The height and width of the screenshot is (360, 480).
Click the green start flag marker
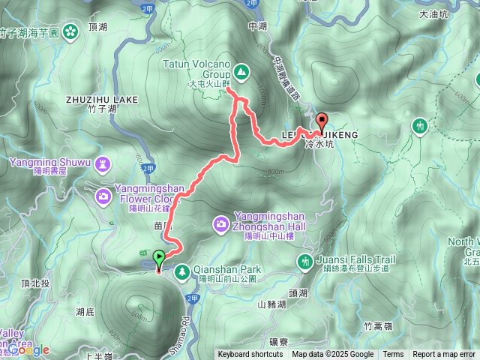160,259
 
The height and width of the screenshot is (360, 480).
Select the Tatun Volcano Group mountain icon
241,72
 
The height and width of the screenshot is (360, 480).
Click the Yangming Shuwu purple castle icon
103,163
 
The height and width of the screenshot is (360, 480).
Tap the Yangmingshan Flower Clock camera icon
103,196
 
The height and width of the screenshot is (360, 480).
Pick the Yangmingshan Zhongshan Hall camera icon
221,223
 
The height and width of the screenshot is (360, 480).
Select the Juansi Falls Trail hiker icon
304,262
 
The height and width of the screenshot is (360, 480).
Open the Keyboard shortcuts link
250,355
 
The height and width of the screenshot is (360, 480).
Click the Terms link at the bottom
393,355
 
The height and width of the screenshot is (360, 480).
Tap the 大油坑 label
433,13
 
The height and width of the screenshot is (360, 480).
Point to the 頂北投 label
36,283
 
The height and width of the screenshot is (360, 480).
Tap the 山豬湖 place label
271,304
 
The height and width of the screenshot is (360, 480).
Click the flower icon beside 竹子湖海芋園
70,31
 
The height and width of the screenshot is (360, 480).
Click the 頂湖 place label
98,26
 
